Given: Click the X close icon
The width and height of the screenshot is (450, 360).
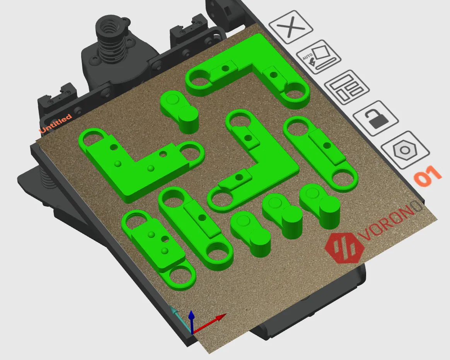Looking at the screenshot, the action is (291, 27).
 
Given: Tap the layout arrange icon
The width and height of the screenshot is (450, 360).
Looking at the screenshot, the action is (347, 87).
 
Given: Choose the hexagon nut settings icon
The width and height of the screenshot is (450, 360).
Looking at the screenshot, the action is (405, 150).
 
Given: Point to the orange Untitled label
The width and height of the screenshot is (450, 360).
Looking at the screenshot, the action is (55, 124).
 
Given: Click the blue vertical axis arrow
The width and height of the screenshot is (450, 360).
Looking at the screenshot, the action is (192, 322).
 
